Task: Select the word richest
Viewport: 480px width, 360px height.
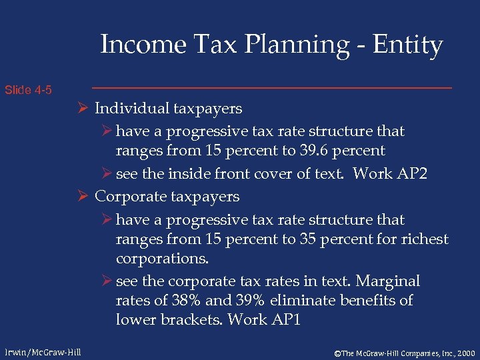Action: pyautogui.click(x=425, y=239)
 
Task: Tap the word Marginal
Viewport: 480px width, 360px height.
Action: pyautogui.click(x=389, y=281)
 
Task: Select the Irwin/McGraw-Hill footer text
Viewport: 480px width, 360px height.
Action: pyautogui.click(x=43, y=351)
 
